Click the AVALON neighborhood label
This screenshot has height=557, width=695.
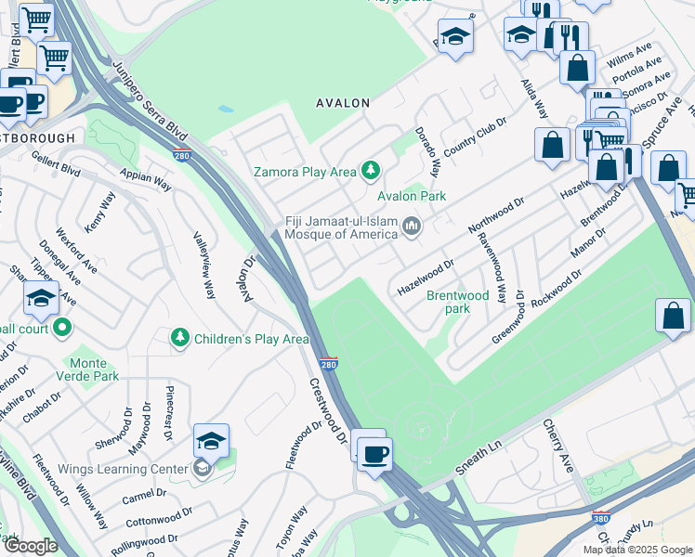pyautogui.click(x=343, y=103)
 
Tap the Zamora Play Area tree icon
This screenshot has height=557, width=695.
pyautogui.click(x=372, y=170)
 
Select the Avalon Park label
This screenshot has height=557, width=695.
pyautogui.click(x=411, y=196)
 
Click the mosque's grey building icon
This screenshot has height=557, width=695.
pyautogui.click(x=411, y=227)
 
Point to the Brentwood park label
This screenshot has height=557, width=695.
pyautogui.click(x=457, y=302)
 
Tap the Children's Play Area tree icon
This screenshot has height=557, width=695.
pyautogui.click(x=180, y=339)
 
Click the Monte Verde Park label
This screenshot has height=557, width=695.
pyautogui.click(x=93, y=369)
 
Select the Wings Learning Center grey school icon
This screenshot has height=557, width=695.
pyautogui.click(x=203, y=469)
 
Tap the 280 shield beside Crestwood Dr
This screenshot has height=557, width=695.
pyautogui.click(x=328, y=365)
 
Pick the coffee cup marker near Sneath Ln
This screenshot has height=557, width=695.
pyautogui.click(x=374, y=455)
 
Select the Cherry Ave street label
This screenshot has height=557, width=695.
pyautogui.click(x=557, y=447)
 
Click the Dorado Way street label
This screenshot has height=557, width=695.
pyautogui.click(x=426, y=151)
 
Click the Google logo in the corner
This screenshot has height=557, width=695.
pyautogui.click(x=30, y=546)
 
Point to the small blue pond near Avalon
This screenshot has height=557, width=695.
pyautogui.click(x=226, y=109)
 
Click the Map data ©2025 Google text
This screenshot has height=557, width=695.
pyautogui.click(x=637, y=550)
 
